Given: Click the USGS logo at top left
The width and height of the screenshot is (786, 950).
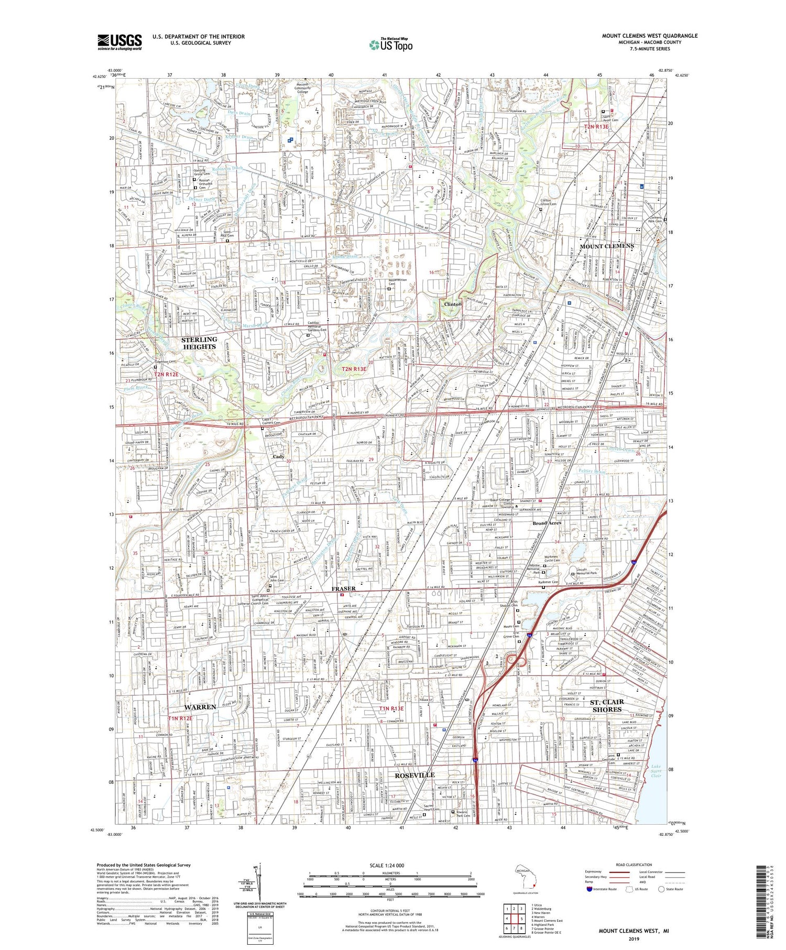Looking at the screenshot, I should [x=119, y=42].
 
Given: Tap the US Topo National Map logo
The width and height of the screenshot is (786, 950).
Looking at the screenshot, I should [x=390, y=45].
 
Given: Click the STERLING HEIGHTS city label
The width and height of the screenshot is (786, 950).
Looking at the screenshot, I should [x=199, y=343].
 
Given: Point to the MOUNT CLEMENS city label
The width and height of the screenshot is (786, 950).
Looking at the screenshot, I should [x=606, y=246].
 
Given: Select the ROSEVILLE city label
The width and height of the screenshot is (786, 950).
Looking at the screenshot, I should [x=415, y=774].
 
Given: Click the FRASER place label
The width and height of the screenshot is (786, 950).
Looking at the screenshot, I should [x=343, y=588].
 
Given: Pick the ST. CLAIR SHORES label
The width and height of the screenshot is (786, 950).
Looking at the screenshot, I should [x=607, y=705].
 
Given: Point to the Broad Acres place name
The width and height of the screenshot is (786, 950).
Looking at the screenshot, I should [x=547, y=523].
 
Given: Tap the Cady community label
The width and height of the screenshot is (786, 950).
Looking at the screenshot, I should [x=278, y=456].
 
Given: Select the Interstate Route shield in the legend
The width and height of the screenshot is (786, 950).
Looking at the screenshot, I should [x=589, y=889].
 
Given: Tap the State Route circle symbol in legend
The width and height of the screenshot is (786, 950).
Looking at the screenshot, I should [x=661, y=889].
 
